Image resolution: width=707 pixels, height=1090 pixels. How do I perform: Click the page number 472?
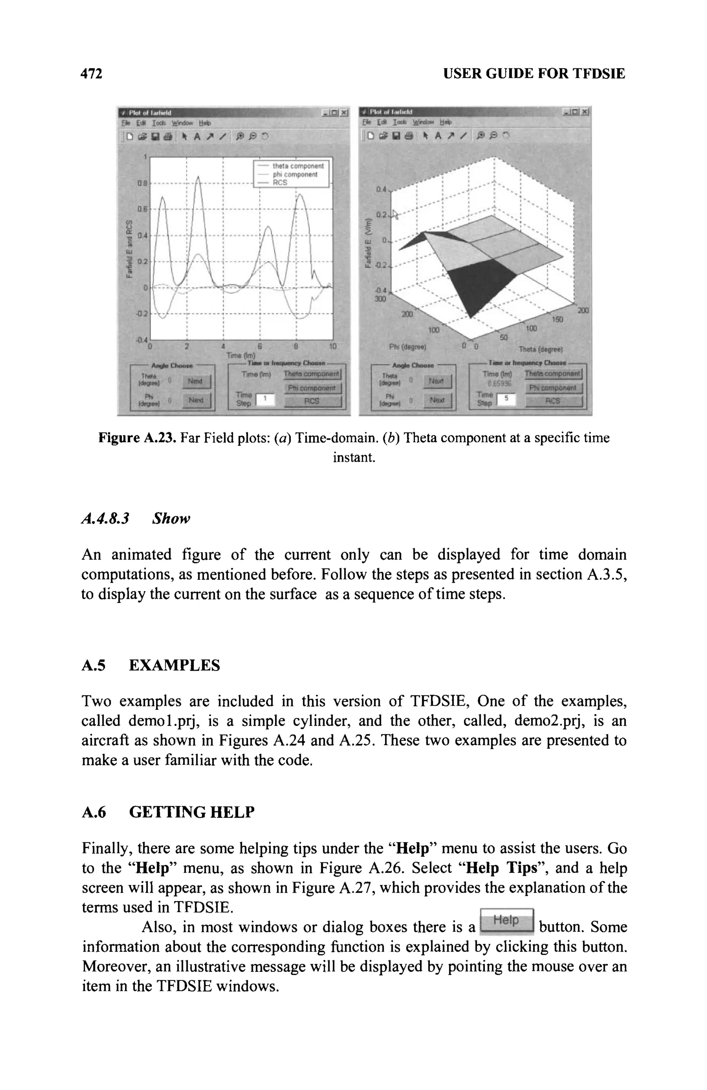coord(91,74)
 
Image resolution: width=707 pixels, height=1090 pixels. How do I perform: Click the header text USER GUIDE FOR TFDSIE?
coord(534,74)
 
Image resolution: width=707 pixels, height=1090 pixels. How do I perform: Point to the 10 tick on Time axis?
coord(333,347)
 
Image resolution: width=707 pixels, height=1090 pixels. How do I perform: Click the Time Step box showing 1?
coord(265,400)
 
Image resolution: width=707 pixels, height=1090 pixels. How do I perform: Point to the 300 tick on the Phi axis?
coord(380,299)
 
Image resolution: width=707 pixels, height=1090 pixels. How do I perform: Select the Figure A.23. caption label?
coord(137,438)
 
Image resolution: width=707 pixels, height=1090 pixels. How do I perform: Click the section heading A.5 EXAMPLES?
coord(151,665)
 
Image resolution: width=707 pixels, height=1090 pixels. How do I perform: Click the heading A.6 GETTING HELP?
coord(168,812)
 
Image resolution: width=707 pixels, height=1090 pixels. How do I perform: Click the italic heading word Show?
coord(171,519)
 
